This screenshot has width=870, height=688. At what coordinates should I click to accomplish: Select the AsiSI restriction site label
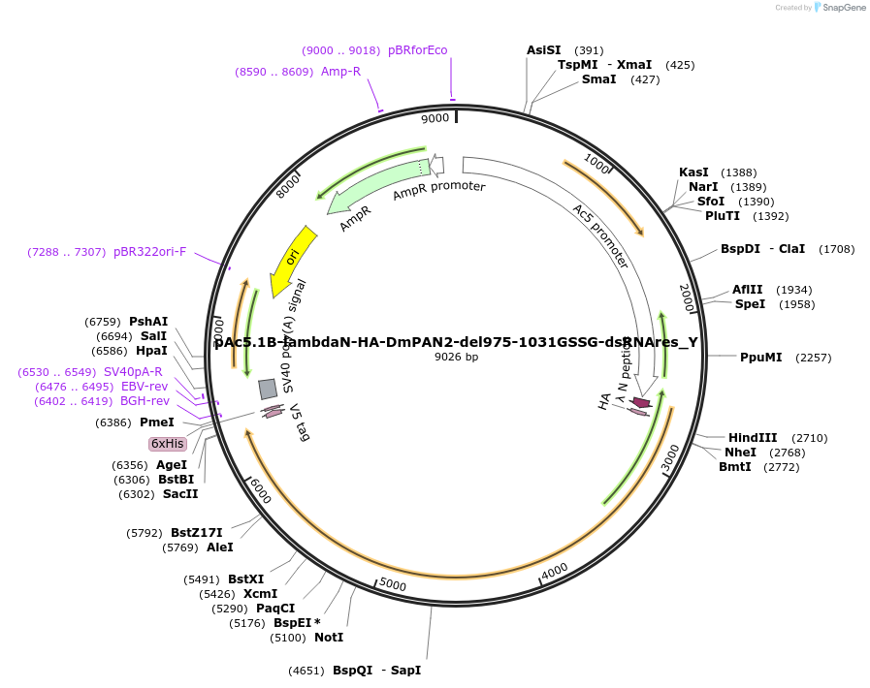pyautogui.click(x=543, y=50)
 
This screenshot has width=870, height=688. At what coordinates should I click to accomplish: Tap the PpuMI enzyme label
pyautogui.click(x=760, y=358)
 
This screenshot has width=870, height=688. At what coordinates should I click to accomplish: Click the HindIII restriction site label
pyautogui.click(x=753, y=438)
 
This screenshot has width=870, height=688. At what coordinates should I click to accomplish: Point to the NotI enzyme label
pyautogui.click(x=329, y=638)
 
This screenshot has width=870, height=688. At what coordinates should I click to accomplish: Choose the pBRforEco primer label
pyautogui.click(x=417, y=50)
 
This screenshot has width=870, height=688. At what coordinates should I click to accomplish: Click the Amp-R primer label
pyautogui.click(x=340, y=72)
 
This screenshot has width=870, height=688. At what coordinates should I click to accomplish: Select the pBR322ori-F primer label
pyautogui.click(x=149, y=252)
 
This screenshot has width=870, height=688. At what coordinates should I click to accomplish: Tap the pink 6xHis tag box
pyautogui.click(x=167, y=444)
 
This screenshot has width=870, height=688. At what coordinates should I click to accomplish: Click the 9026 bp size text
pyautogui.click(x=456, y=357)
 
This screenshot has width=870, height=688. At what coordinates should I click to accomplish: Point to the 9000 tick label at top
pyautogui.click(x=435, y=118)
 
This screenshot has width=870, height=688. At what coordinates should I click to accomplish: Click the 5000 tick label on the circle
pyautogui.click(x=392, y=583)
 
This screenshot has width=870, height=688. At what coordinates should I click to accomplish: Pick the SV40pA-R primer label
pyautogui.click(x=133, y=372)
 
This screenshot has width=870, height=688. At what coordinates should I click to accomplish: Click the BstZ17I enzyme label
pyautogui.click(x=196, y=533)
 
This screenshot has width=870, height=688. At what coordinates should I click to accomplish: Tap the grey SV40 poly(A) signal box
pyautogui.click(x=268, y=389)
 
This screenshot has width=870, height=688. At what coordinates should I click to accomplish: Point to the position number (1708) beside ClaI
pyautogui.click(x=836, y=249)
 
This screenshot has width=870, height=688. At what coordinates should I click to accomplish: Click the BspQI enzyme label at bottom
pyautogui.click(x=352, y=671)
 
